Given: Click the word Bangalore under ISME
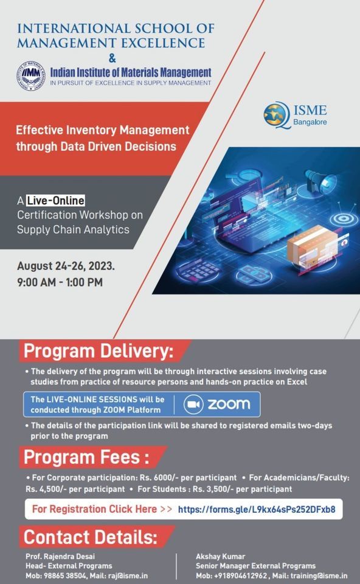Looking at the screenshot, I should [310, 122].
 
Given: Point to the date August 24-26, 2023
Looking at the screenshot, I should [66, 266].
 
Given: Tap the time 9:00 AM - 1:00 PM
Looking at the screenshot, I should [60, 282].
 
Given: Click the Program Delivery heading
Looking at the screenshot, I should [98, 352].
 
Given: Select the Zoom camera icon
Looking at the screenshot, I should [193, 404].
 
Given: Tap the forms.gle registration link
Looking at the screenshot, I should [257, 509].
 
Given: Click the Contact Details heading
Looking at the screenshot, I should [90, 538].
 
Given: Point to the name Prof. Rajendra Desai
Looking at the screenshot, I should [60, 557].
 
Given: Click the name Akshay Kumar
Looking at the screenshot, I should [220, 557].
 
